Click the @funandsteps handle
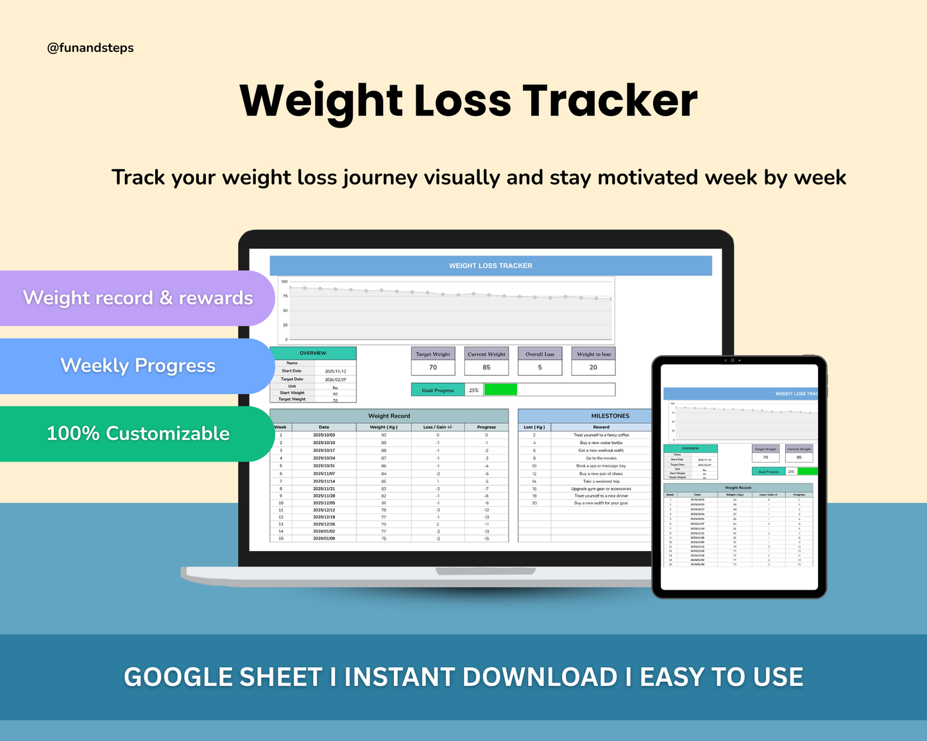(90, 48)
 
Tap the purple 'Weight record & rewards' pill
(137, 298)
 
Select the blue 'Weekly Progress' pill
(137, 365)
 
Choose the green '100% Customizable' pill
(137, 434)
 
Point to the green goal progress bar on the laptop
(500, 390)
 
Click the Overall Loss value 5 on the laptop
(540, 367)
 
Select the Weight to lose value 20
(593, 367)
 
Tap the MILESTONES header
(609, 416)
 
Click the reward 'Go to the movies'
(601, 458)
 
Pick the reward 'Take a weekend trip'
(601, 481)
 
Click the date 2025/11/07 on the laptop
(324, 474)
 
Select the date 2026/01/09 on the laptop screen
(324, 538)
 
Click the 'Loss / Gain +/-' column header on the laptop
(438, 427)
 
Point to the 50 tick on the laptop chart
(285, 311)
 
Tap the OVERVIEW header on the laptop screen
(312, 353)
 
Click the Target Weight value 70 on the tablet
(765, 458)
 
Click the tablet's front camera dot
(733, 360)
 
